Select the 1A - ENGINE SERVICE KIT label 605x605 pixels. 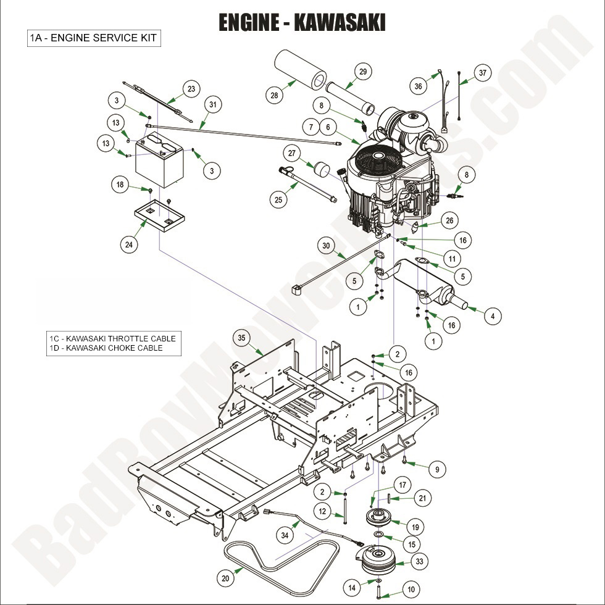point(93,38)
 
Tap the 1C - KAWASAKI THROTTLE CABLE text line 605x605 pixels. point(113,338)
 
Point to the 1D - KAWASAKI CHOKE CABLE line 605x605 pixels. point(107,348)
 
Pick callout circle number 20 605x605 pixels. point(227,578)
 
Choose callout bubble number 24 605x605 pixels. point(128,244)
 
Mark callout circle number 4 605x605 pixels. point(492,317)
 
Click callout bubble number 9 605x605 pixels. point(437,469)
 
